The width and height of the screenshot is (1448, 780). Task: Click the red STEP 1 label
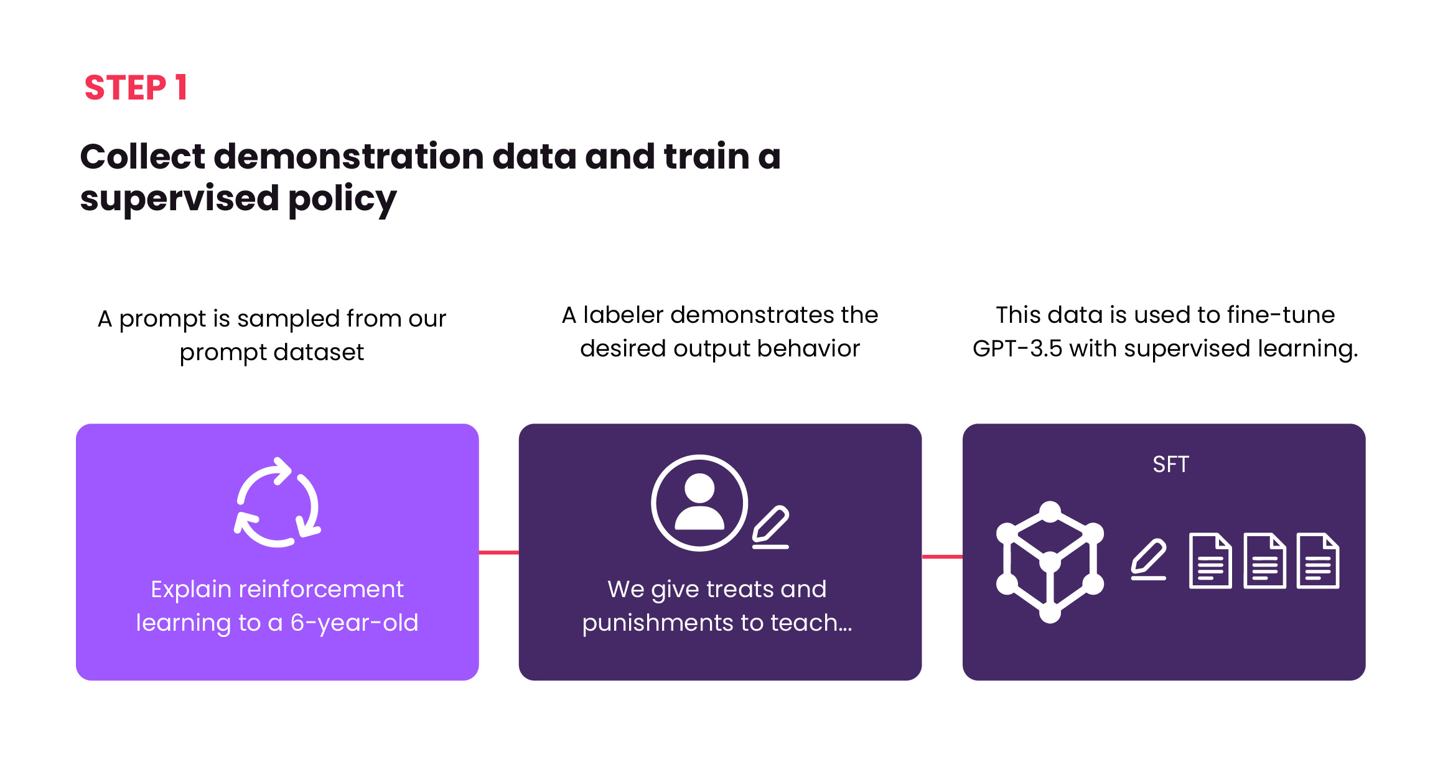click(136, 87)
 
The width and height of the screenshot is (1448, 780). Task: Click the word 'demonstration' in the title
click(348, 156)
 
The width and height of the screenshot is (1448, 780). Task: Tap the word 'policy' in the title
click(342, 200)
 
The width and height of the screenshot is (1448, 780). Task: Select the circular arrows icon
click(278, 503)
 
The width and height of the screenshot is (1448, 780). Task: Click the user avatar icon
click(699, 503)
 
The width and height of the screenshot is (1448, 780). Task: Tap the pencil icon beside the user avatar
click(770, 527)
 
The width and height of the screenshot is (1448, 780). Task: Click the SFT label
click(1170, 465)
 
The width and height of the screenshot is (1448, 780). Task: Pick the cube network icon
click(1050, 562)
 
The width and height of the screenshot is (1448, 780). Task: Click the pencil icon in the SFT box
click(1148, 559)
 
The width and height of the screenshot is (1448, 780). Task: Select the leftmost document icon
click(1210, 560)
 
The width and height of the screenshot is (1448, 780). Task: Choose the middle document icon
click(1264, 560)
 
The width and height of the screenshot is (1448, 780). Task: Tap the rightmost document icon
click(1318, 560)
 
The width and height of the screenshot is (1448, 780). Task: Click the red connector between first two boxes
click(498, 552)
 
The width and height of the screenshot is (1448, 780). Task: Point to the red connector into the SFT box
click(942, 557)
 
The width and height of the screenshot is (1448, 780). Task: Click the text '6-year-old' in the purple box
click(355, 623)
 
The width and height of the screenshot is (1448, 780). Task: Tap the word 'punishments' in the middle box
click(666, 623)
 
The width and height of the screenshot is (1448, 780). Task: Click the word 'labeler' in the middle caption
click(624, 315)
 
